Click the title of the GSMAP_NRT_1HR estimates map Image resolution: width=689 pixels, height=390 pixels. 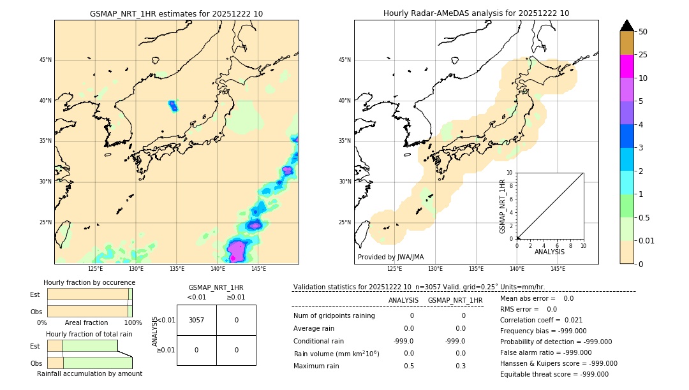point(176,13)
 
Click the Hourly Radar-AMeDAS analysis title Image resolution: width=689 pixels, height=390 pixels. point(476,13)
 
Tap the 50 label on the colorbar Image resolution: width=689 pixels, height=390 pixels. point(643,32)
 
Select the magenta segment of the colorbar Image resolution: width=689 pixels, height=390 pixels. point(626,66)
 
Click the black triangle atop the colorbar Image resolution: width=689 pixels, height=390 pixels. point(626,25)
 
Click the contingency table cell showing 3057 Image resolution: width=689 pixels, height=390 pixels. point(196,320)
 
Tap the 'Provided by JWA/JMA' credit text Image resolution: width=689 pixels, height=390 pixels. point(390,257)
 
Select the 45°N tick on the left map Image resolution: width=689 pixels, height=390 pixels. point(45,60)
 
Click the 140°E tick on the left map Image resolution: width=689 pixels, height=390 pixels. point(218,269)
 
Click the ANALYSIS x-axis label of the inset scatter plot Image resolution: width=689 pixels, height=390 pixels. point(550,252)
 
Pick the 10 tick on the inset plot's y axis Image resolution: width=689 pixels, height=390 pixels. point(510,173)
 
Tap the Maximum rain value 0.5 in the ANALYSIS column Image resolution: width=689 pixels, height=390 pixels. point(409,366)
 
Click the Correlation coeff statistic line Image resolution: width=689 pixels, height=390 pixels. point(541,320)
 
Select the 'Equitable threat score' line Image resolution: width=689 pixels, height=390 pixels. point(554,374)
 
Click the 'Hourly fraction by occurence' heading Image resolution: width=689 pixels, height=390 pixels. point(89,282)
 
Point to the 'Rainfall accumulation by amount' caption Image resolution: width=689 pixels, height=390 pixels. point(89,373)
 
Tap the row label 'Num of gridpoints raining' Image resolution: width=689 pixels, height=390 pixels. point(334,315)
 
